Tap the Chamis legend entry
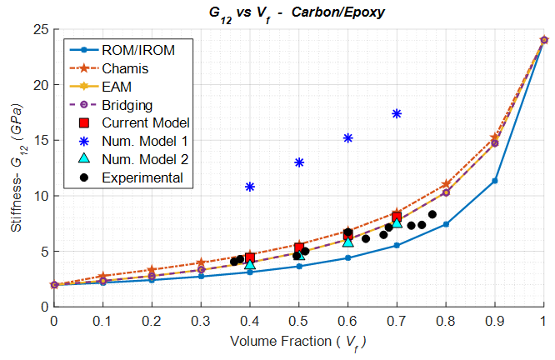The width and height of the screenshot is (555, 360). coord(124,68)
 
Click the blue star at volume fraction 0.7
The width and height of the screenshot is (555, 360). coord(397,113)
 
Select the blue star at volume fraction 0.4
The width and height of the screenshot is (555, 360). coord(250,187)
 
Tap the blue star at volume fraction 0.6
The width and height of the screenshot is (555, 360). coord(348,138)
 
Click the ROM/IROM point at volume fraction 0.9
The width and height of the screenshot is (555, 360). coord(495,181)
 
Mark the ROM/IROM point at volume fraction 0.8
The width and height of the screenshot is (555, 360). coord(446,224)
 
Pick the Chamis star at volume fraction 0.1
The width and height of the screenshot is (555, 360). coord(103,276)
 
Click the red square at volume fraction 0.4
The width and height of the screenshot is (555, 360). coord(250,257)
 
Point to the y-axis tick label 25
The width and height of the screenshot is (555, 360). coord(38,30)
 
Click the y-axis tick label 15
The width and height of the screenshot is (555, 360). coord(38,141)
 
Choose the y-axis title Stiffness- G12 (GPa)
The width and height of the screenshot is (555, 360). coord(17,167)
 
